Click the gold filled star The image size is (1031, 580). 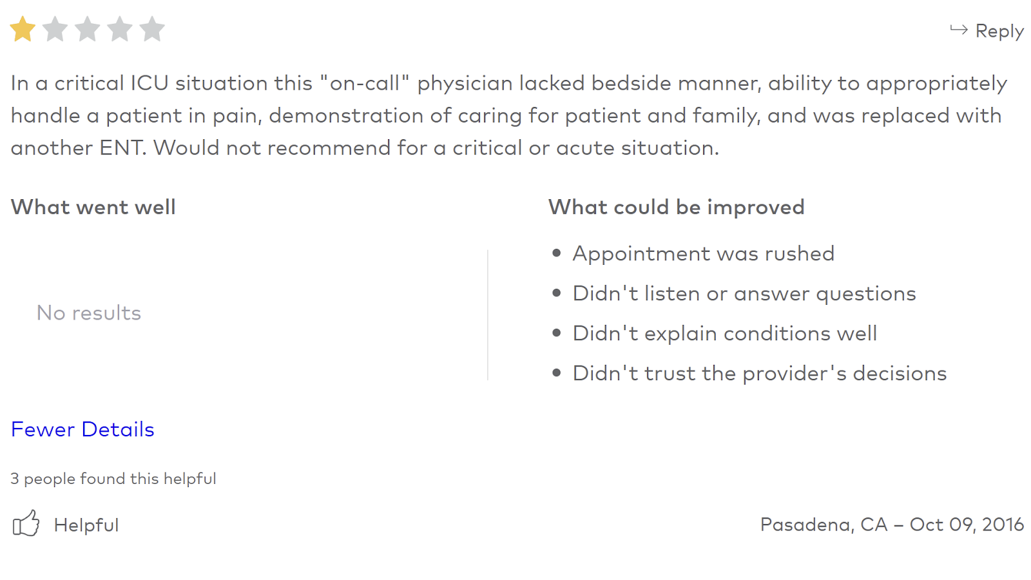click(x=23, y=30)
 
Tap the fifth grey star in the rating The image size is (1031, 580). click(x=152, y=30)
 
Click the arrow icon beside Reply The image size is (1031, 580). click(x=959, y=30)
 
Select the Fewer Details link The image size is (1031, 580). click(x=82, y=429)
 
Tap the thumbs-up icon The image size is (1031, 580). click(x=26, y=523)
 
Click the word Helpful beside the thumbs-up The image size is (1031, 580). click(x=86, y=525)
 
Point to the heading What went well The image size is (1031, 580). click(x=93, y=207)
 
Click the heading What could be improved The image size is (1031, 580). click(x=676, y=207)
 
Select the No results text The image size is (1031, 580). click(x=88, y=313)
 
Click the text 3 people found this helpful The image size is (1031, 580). click(x=113, y=479)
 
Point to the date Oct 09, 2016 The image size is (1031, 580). click(x=967, y=525)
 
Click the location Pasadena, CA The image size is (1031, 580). click(x=824, y=525)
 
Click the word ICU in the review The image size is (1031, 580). click(x=149, y=83)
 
